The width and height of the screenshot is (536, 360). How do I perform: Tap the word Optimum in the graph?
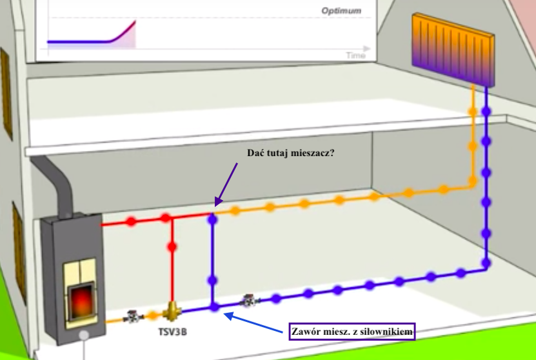click(x=341, y=11)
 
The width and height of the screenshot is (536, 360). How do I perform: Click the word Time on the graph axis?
click(x=355, y=55)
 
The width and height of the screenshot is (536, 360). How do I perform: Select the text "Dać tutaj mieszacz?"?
click(x=290, y=154)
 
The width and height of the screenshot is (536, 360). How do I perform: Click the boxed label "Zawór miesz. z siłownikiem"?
click(x=352, y=330)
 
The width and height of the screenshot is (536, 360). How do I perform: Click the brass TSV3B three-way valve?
click(x=172, y=312)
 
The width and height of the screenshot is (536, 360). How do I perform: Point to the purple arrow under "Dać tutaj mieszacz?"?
click(x=226, y=183)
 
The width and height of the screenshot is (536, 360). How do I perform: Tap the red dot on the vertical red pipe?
click(x=172, y=247)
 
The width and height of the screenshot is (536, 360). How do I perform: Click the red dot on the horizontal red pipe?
click(x=132, y=221)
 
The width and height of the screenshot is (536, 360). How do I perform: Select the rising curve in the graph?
click(x=119, y=32)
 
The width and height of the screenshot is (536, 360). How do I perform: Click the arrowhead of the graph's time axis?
click(x=368, y=48)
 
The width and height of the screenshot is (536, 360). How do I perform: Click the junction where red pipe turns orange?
click(x=213, y=212)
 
